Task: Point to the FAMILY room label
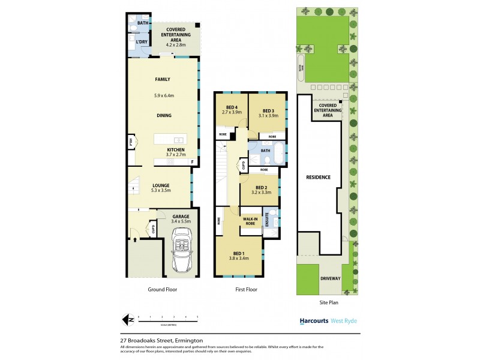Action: tap(163, 79)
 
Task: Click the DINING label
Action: tap(164, 116)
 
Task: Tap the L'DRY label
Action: tap(142, 42)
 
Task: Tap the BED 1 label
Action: tap(239, 254)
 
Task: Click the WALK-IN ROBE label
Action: tap(250, 221)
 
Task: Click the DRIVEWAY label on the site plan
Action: tap(331, 278)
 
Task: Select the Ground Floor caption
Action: tap(162, 289)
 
